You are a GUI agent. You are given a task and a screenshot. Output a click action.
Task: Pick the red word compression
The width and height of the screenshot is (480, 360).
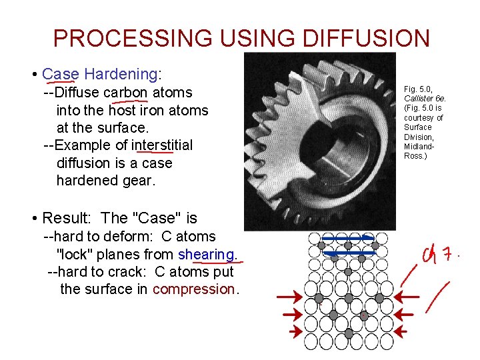(x=193, y=289)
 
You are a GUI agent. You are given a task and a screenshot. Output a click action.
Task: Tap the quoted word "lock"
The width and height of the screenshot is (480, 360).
(x=77, y=254)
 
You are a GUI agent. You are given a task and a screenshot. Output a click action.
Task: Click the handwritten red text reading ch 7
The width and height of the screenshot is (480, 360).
(x=438, y=255)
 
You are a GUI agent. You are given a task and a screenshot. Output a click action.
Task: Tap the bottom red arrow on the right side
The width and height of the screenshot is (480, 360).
(x=404, y=330)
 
